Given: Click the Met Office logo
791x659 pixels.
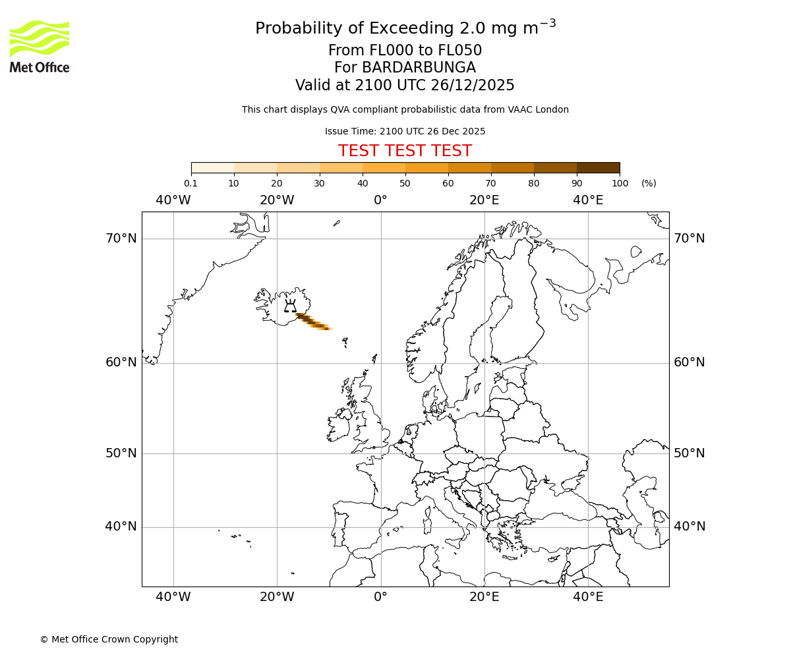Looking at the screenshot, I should tap(40, 46).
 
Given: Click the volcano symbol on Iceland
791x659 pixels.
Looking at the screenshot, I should tap(290, 306).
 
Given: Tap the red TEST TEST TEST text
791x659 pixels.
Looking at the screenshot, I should tap(405, 152).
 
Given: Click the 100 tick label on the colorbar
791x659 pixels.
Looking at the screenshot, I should tap(620, 183).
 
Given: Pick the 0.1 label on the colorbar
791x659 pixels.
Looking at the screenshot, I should tap(190, 183).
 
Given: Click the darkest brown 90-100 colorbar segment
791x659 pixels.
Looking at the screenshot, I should tap(598, 167).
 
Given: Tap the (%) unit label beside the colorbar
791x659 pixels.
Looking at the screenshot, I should tap(649, 183).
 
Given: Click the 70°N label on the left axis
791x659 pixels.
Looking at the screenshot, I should tap(121, 238).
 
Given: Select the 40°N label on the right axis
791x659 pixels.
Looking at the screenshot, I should tap(689, 527).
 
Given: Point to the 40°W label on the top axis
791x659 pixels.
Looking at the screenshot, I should tap(173, 200).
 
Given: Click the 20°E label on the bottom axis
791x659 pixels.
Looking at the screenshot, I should tap(484, 597).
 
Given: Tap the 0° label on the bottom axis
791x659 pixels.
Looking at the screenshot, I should tap(381, 597).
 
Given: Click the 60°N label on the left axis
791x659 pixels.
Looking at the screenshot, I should tap(121, 362).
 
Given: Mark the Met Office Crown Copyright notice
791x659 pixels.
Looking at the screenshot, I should tap(109, 639).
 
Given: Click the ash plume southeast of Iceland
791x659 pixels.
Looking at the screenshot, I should tap(313, 322).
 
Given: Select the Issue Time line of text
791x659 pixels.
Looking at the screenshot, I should tap(405, 132).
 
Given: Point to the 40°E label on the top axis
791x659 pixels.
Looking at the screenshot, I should tap(588, 200).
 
